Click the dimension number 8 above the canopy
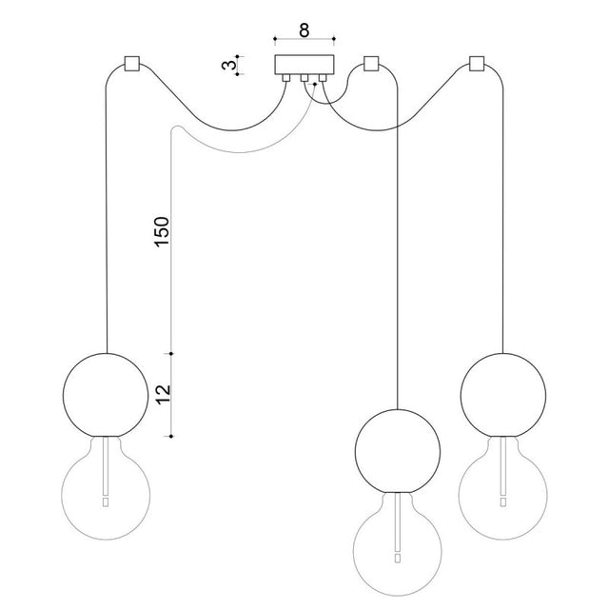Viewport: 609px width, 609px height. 304,29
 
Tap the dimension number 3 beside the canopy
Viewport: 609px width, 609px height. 228,65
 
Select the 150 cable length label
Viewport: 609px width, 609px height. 162,231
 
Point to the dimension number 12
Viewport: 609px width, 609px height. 164,395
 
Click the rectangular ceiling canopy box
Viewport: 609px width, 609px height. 304,65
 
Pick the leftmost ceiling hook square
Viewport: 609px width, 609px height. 131,64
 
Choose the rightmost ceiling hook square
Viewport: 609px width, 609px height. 477,64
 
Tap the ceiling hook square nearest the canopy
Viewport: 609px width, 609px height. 371,64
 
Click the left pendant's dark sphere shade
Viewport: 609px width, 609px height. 106,395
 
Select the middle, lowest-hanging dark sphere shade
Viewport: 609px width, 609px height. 398,451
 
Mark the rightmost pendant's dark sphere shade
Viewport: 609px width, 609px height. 503,395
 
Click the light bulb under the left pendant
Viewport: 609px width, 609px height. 106,488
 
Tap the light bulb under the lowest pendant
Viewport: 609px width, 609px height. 398,544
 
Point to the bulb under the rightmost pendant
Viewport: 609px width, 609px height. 503,488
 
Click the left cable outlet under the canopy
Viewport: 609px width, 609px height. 286,78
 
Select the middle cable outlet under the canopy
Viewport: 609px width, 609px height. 304,78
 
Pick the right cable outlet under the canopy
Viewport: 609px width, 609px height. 323,78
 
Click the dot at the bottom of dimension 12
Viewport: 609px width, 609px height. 171,437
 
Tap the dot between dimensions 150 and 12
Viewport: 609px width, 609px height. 171,353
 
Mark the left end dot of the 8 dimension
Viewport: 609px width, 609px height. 275,39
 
